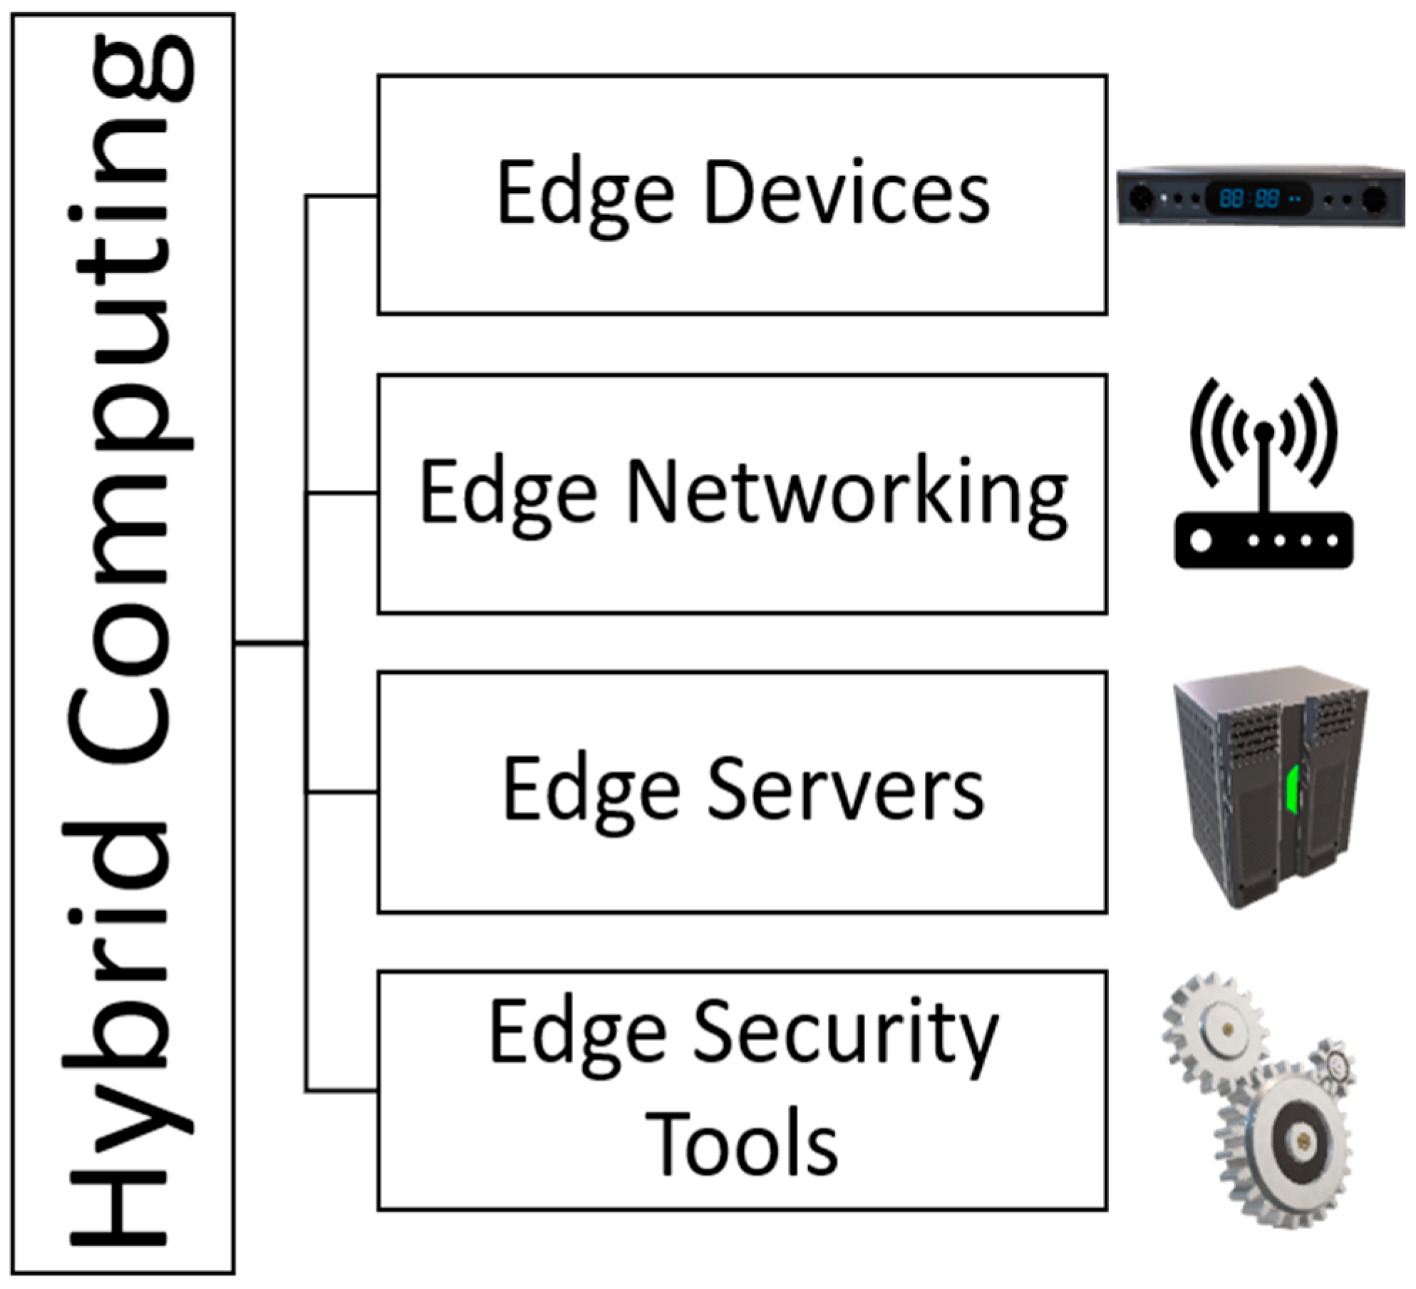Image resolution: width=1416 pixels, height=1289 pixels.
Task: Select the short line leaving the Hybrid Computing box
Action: click(x=269, y=644)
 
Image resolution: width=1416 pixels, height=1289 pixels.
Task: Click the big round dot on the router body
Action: click(x=1201, y=540)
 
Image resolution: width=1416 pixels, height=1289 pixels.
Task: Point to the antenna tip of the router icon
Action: click(x=1263, y=431)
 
